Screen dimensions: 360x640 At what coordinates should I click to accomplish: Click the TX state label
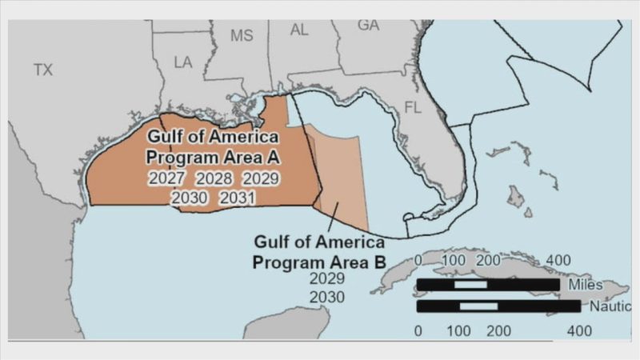click(43, 70)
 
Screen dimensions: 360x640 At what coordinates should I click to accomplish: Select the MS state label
click(242, 36)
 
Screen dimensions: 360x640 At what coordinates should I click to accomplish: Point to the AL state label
click(299, 30)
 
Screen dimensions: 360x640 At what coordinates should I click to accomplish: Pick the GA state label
click(368, 25)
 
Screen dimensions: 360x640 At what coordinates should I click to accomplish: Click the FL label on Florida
click(413, 107)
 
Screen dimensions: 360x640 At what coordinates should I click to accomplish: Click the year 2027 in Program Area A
click(166, 178)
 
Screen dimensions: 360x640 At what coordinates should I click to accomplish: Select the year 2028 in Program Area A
click(214, 178)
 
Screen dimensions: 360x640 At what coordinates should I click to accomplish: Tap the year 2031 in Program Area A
click(238, 198)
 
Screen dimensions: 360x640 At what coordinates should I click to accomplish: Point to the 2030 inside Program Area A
click(190, 198)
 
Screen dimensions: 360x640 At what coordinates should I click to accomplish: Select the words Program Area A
click(212, 156)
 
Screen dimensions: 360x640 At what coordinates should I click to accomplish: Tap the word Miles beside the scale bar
click(586, 284)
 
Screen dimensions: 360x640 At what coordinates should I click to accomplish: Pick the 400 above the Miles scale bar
click(558, 261)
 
